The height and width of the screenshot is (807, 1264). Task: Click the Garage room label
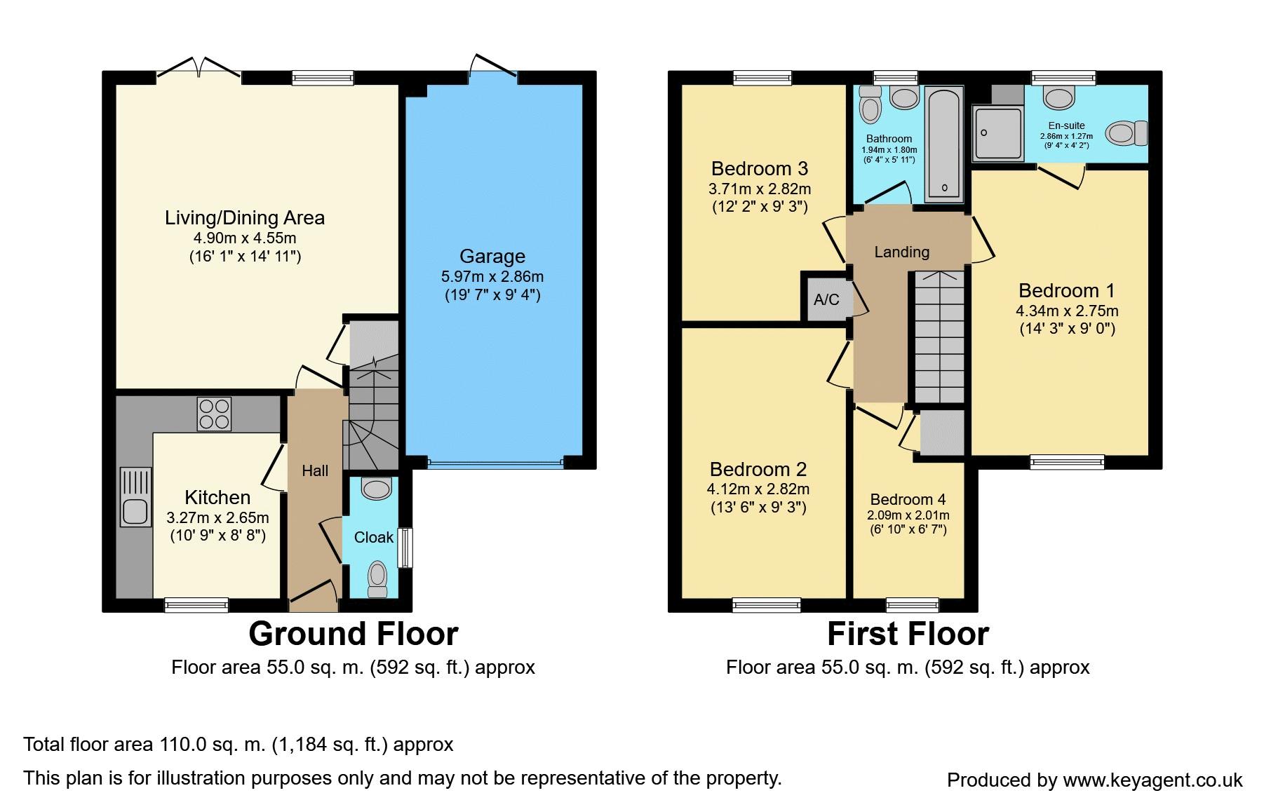[492, 257]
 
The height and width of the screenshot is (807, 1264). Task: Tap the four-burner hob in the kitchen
[214, 414]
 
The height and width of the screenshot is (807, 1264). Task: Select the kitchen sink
[135, 497]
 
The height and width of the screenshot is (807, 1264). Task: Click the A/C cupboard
[826, 299]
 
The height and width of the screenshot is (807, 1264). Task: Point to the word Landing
[901, 252]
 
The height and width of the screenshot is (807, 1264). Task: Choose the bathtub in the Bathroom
[944, 144]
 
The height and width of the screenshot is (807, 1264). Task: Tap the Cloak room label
[374, 538]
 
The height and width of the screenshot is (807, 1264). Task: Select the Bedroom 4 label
[908, 500]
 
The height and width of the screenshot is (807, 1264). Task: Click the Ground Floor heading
[354, 634]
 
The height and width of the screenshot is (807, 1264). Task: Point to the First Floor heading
[908, 634]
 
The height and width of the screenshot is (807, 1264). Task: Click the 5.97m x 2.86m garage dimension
[492, 276]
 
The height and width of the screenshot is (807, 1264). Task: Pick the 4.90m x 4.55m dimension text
[245, 238]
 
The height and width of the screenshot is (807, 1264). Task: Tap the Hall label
[315, 471]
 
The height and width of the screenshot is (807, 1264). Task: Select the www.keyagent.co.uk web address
[1152, 780]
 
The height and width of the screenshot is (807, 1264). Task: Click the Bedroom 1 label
[1066, 290]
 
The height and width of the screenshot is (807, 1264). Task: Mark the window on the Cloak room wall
[405, 548]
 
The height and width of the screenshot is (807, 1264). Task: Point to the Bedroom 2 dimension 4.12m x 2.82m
[758, 489]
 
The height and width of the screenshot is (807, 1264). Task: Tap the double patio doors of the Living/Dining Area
[199, 68]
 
